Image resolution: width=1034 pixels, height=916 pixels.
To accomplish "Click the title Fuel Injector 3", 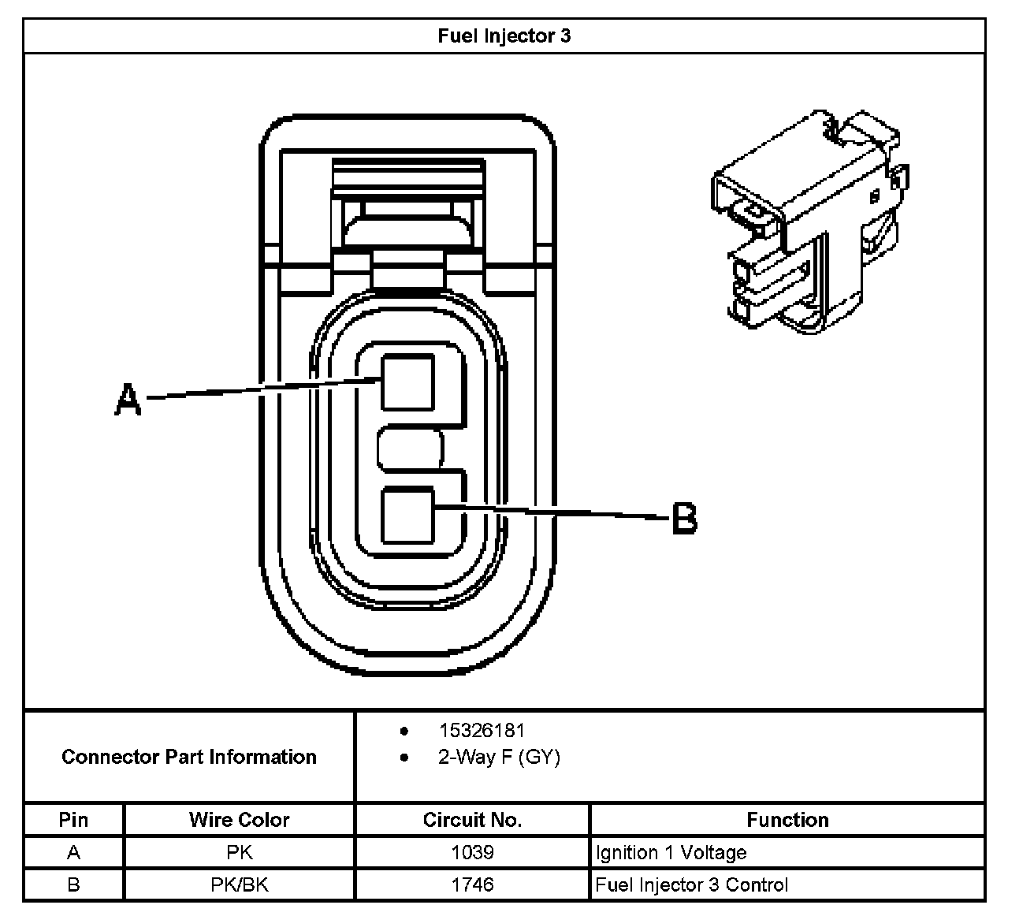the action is [504, 35].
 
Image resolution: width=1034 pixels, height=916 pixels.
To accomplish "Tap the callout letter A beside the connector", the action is [128, 399].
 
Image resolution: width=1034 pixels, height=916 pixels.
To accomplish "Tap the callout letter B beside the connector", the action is [684, 518].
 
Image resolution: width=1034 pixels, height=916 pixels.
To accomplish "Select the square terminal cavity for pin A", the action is [407, 382].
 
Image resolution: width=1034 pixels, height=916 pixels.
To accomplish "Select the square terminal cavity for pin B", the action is [407, 515].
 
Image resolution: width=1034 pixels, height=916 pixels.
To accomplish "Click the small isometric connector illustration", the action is [810, 222].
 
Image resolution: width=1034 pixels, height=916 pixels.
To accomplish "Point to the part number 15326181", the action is [482, 731].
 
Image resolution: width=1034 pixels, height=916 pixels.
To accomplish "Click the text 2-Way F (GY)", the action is [499, 757].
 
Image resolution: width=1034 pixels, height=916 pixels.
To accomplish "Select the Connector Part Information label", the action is [189, 757].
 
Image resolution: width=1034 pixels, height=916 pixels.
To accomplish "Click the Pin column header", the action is [73, 820].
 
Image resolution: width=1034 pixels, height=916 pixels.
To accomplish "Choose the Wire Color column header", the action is [239, 820].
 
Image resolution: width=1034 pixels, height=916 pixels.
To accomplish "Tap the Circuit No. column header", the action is [472, 820].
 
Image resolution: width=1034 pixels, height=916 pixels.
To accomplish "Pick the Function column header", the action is [787, 820].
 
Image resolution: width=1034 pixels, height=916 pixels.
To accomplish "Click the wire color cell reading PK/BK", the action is [240, 884].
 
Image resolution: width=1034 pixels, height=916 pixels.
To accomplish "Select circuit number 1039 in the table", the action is [472, 852].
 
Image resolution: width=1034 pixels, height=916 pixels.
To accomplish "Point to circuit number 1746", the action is [472, 884].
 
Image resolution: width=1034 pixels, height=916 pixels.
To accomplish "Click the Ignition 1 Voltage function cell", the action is [671, 853].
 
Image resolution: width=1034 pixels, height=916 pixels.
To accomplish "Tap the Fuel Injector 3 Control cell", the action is [691, 884].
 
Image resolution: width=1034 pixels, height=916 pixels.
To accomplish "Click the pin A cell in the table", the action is [73, 852].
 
